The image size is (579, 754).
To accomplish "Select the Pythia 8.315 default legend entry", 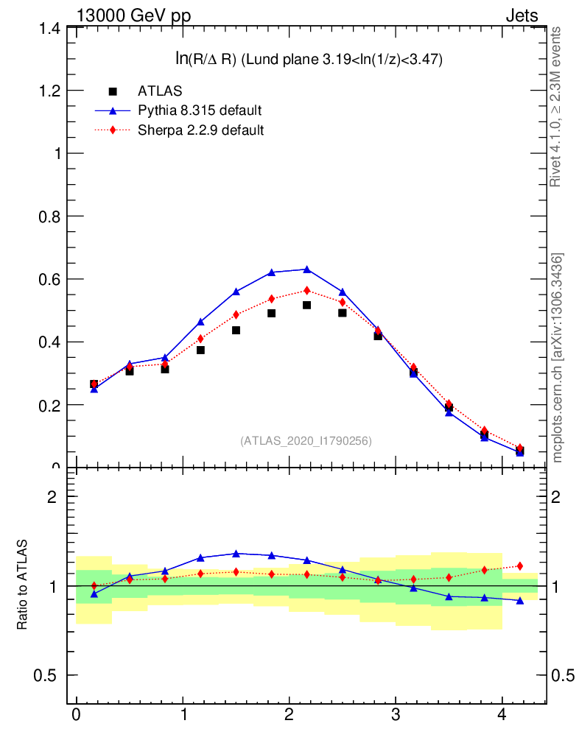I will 200,111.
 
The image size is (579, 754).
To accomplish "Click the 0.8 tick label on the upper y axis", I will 46,216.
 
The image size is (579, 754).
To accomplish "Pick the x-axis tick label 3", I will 396,714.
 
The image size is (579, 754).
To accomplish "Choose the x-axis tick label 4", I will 502,714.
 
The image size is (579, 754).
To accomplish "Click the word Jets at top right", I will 522,15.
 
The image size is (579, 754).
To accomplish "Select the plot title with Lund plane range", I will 308,60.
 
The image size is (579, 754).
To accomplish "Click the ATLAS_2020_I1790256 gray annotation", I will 306,441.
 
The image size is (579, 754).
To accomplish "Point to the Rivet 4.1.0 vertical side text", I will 557,108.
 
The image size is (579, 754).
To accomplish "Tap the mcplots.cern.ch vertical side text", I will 558,358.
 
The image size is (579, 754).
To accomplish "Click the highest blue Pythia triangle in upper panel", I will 306,269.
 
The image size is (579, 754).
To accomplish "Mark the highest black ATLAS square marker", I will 306,305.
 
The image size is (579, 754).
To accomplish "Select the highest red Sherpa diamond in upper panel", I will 306,290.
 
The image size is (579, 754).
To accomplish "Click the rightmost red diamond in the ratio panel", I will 520,565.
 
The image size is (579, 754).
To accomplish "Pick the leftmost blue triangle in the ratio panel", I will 94,593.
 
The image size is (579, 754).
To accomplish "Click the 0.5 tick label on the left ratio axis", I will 46,676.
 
